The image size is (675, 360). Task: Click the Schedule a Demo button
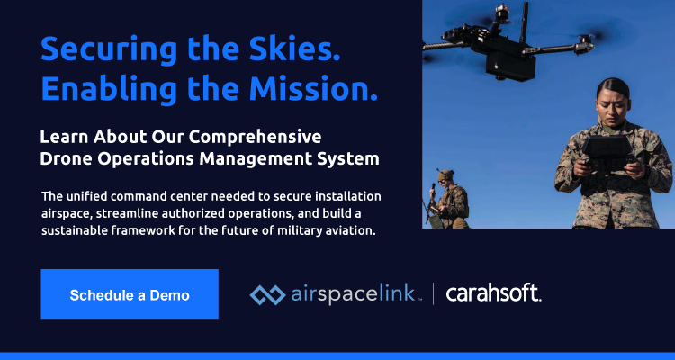click(130, 294)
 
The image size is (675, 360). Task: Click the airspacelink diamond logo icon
click(266, 293)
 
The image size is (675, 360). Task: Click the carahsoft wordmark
click(493, 293)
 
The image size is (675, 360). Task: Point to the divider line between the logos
click(434, 293)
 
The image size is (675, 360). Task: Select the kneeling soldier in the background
click(450, 197)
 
